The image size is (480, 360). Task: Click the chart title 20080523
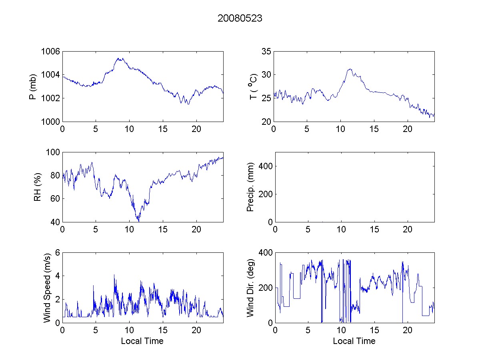pyautogui.click(x=240, y=18)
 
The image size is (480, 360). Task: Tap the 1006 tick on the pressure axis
pyautogui.click(x=51, y=52)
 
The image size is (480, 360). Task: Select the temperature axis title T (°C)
pyautogui.click(x=252, y=86)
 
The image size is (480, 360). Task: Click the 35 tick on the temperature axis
pyautogui.click(x=266, y=52)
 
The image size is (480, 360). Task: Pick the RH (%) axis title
pyautogui.click(x=38, y=187)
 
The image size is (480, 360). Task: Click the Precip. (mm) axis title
pyautogui.click(x=251, y=187)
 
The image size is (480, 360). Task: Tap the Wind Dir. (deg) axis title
pyautogui.click(x=251, y=288)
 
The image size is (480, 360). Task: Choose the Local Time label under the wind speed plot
pyautogui.click(x=142, y=341)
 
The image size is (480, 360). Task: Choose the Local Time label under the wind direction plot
pyautogui.click(x=354, y=341)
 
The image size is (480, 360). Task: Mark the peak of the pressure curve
pyautogui.click(x=119, y=58)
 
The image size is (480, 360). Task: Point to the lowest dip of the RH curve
pyautogui.click(x=138, y=221)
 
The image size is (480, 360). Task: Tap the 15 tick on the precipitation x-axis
pyautogui.click(x=374, y=230)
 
